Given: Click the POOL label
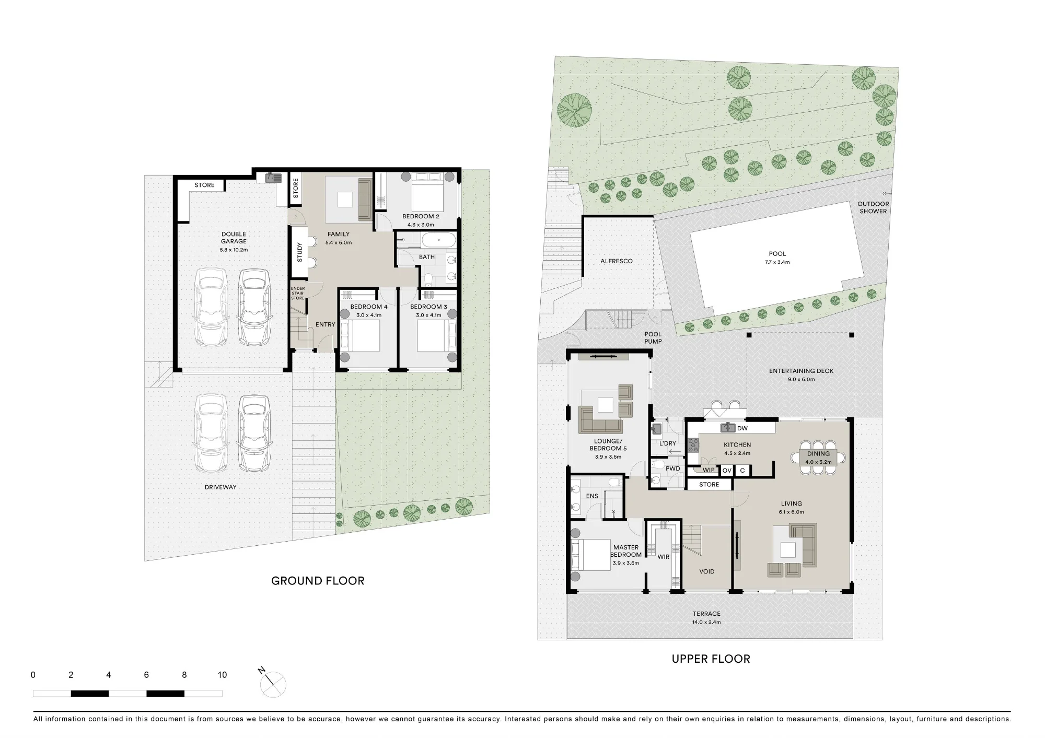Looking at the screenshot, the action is click(x=777, y=254).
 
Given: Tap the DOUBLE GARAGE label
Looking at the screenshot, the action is click(x=234, y=238).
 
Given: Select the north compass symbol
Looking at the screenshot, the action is click(x=272, y=683).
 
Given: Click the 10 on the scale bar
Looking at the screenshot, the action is click(x=222, y=675).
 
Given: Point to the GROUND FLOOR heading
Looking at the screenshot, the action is click(x=318, y=581).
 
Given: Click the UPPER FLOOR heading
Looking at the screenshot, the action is click(x=711, y=659).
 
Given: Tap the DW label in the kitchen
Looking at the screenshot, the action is click(x=742, y=428).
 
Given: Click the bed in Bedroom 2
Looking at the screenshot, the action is click(x=427, y=192).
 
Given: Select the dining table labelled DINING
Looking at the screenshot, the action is click(x=818, y=458).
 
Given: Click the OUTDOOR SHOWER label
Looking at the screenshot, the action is click(x=873, y=207).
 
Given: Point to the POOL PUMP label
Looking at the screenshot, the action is click(x=653, y=338).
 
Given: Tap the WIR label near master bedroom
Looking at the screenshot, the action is click(x=663, y=557).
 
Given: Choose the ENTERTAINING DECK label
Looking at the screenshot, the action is click(x=801, y=371).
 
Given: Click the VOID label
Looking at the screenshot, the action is click(x=707, y=571).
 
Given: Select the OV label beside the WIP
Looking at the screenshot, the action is click(x=727, y=471).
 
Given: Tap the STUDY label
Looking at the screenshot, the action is click(x=299, y=252).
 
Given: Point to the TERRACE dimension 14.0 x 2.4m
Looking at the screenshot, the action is click(x=706, y=622).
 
